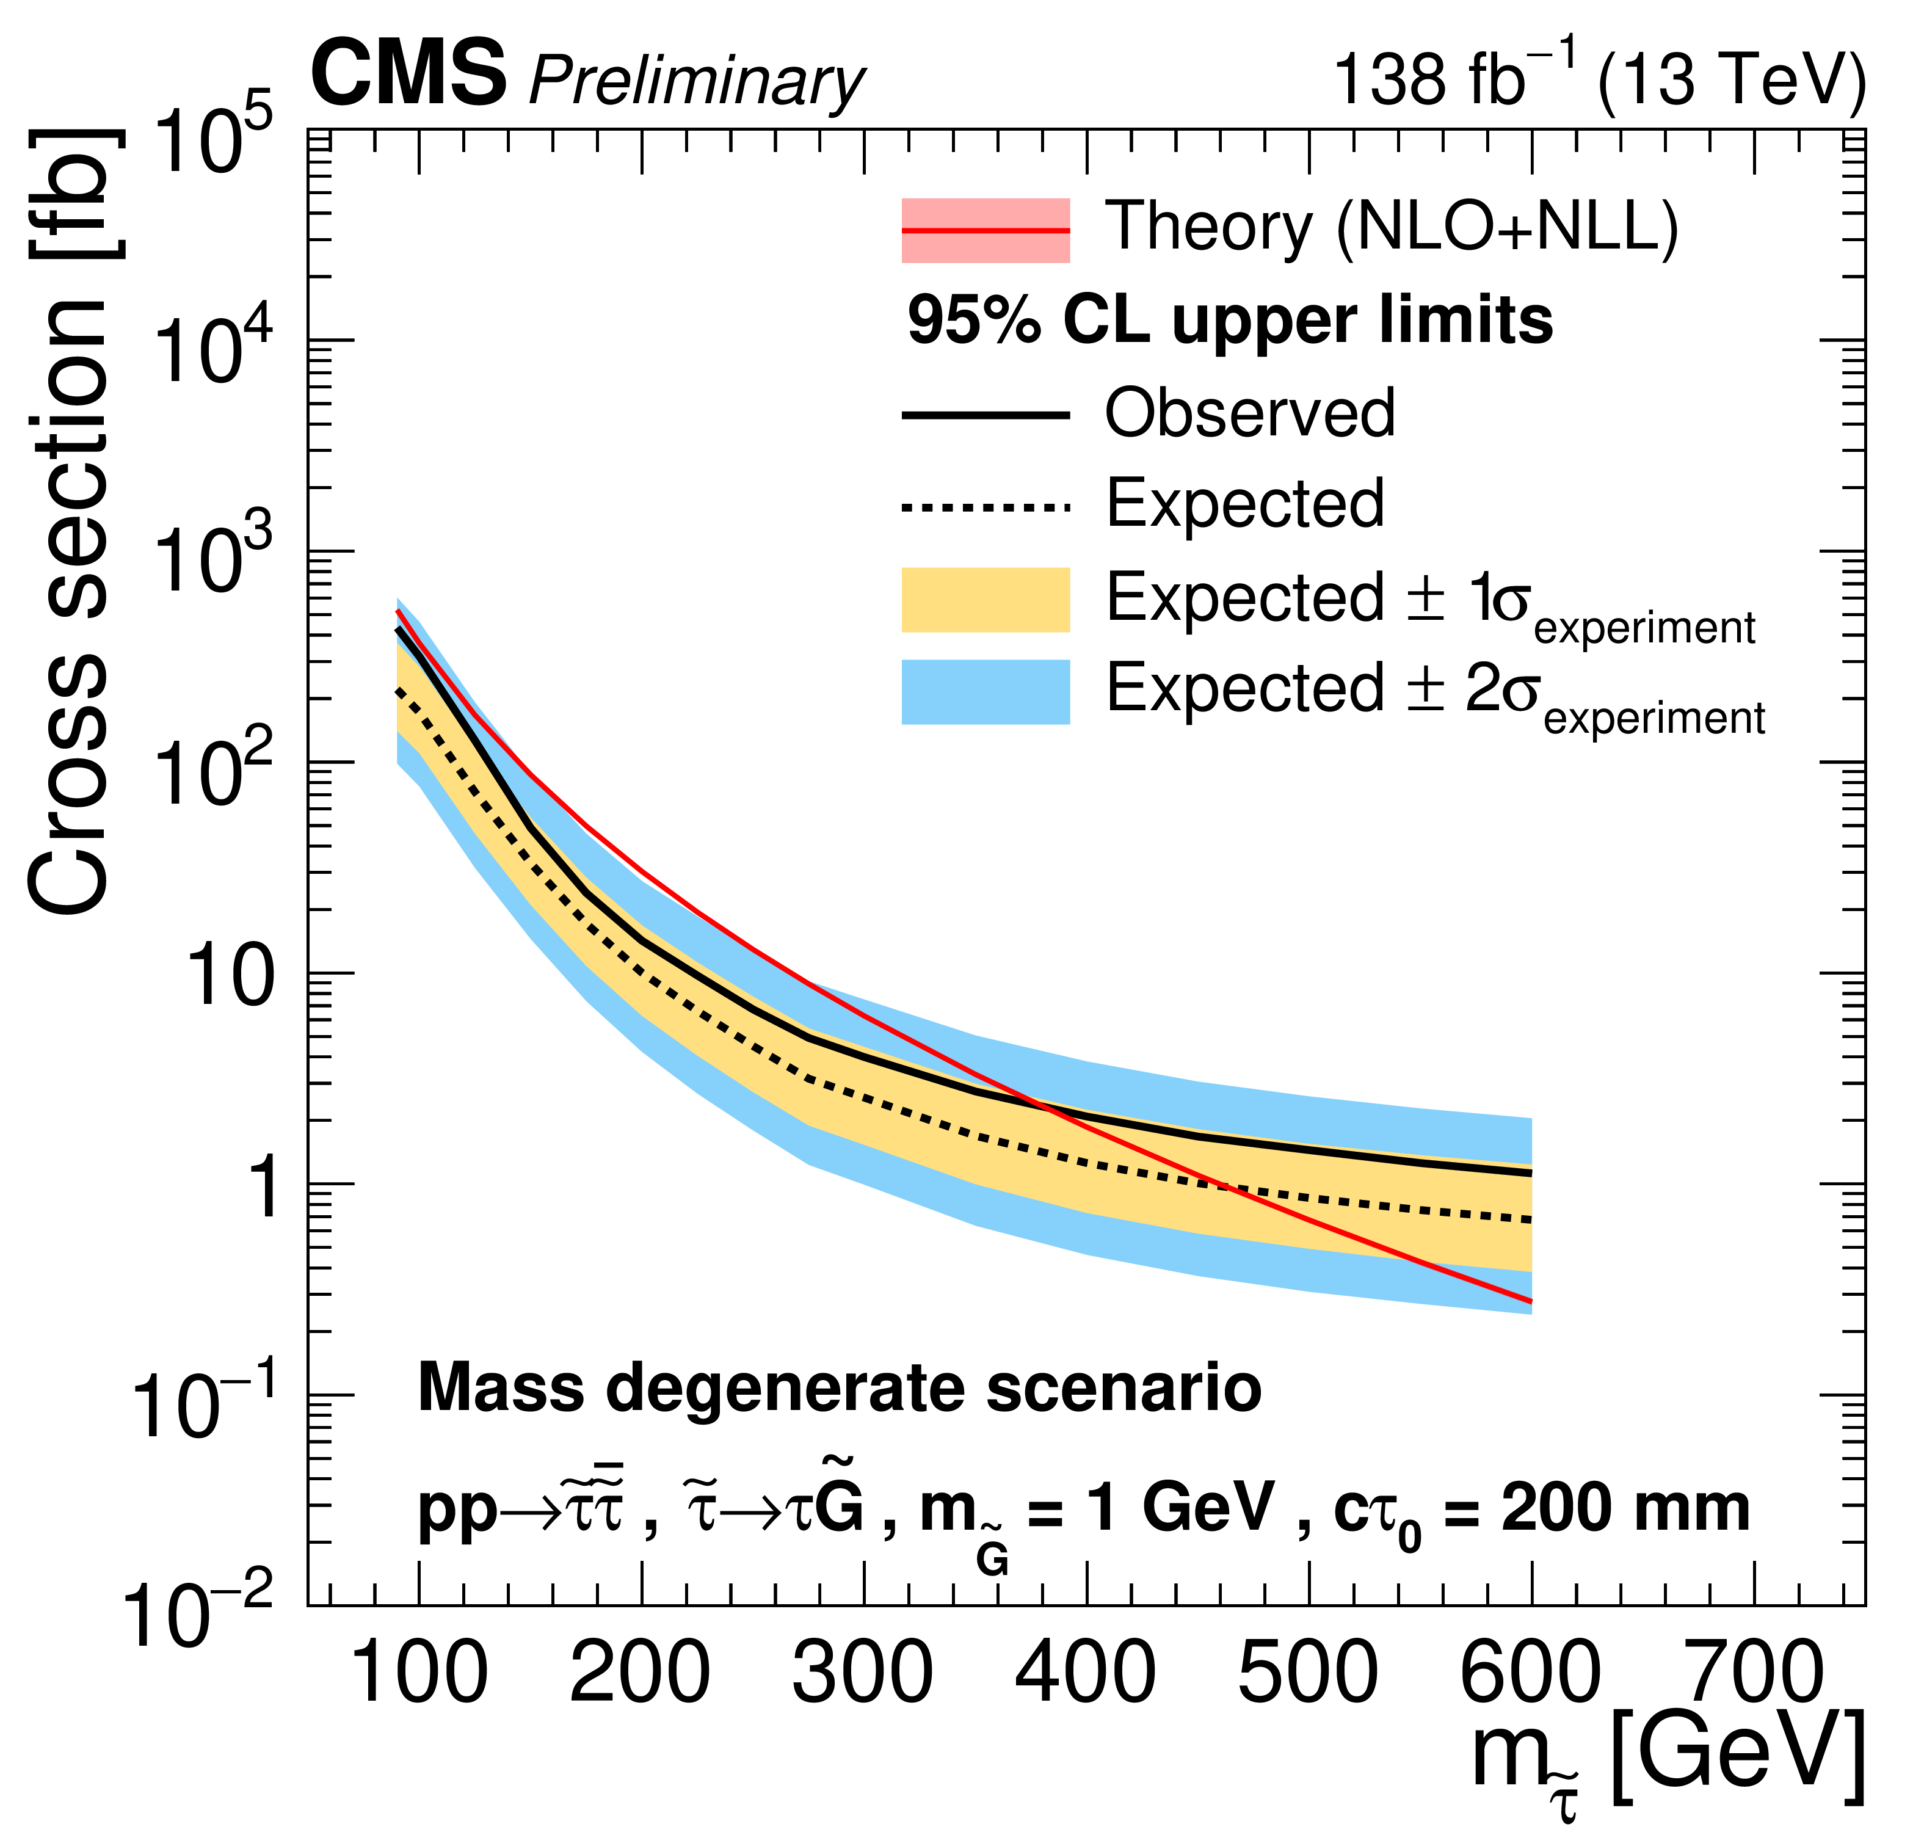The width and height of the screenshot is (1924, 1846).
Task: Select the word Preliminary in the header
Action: point(696,81)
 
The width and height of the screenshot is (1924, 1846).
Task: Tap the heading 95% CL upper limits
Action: point(1229,321)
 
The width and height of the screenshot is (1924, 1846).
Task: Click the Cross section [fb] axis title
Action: point(69,520)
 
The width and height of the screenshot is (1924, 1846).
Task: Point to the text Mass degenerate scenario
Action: point(840,1387)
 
